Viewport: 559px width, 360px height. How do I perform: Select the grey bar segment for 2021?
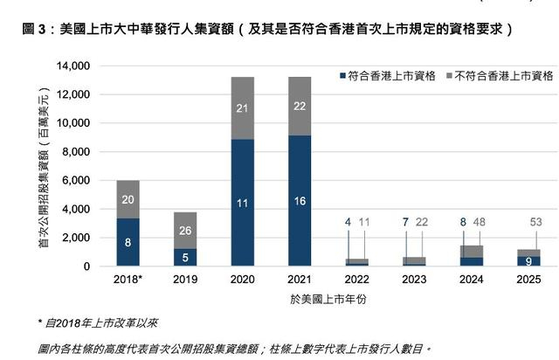tap(300, 106)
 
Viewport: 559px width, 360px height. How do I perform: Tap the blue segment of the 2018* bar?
tap(128, 242)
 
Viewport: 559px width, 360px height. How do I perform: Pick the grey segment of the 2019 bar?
tap(185, 230)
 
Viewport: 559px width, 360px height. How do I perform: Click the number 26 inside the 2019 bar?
tap(185, 231)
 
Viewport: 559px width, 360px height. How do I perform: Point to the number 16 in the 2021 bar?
tap(300, 201)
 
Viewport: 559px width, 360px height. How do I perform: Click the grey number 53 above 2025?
tap(537, 223)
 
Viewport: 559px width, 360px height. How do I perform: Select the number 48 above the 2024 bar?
tap(480, 223)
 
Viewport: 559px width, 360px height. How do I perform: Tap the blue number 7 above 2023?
tap(404, 223)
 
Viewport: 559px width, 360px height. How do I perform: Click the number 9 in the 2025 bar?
tap(528, 260)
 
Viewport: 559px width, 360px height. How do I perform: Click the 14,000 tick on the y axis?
tap(74, 66)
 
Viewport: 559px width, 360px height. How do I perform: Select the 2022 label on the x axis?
tap(356, 280)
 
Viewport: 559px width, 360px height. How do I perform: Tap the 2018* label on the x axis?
tap(128, 280)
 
